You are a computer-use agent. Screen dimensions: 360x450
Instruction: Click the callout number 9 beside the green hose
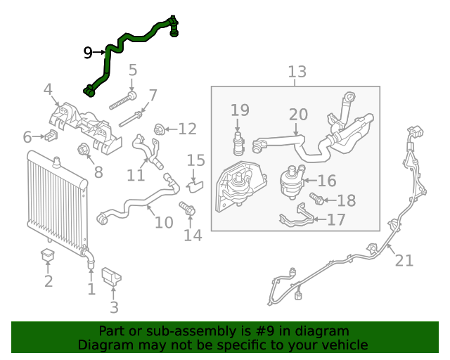88,52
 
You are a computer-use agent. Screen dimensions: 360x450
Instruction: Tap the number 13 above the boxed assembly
297,71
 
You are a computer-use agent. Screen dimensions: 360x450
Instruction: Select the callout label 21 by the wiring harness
404,261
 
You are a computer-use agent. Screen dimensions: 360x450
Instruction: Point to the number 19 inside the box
240,110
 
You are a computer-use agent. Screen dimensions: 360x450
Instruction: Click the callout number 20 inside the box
298,114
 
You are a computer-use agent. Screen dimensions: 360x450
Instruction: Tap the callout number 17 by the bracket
336,220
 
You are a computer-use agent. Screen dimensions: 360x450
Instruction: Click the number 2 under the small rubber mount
49,282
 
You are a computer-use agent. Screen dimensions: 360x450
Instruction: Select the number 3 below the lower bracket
114,307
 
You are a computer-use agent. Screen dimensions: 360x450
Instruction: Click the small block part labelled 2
48,255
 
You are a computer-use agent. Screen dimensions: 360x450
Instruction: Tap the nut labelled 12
160,129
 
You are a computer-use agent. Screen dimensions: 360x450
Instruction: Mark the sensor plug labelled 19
239,139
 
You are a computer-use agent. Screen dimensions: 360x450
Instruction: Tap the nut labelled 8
82,149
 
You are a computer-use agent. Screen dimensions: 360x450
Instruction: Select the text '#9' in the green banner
263,331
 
